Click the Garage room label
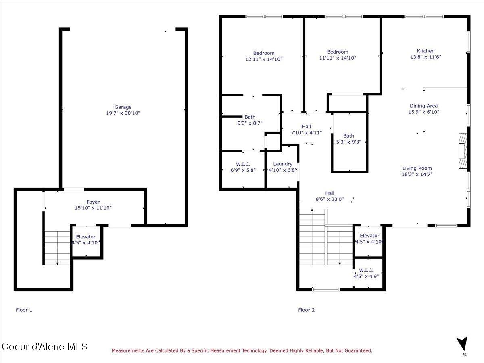(123, 107)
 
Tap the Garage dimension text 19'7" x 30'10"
(123, 113)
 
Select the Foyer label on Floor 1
(93, 202)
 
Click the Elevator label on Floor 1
(86, 237)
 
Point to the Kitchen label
(426, 51)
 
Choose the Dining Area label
(423, 106)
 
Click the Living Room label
(417, 169)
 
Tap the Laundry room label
(282, 164)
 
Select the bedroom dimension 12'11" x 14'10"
(264, 59)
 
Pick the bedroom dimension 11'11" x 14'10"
(338, 58)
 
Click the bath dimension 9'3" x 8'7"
(250, 123)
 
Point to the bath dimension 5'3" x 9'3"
(348, 142)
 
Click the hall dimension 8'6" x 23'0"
(330, 199)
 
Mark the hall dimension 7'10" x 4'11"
(307, 132)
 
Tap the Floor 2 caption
(306, 310)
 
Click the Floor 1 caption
(24, 310)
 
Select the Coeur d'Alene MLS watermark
(44, 346)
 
